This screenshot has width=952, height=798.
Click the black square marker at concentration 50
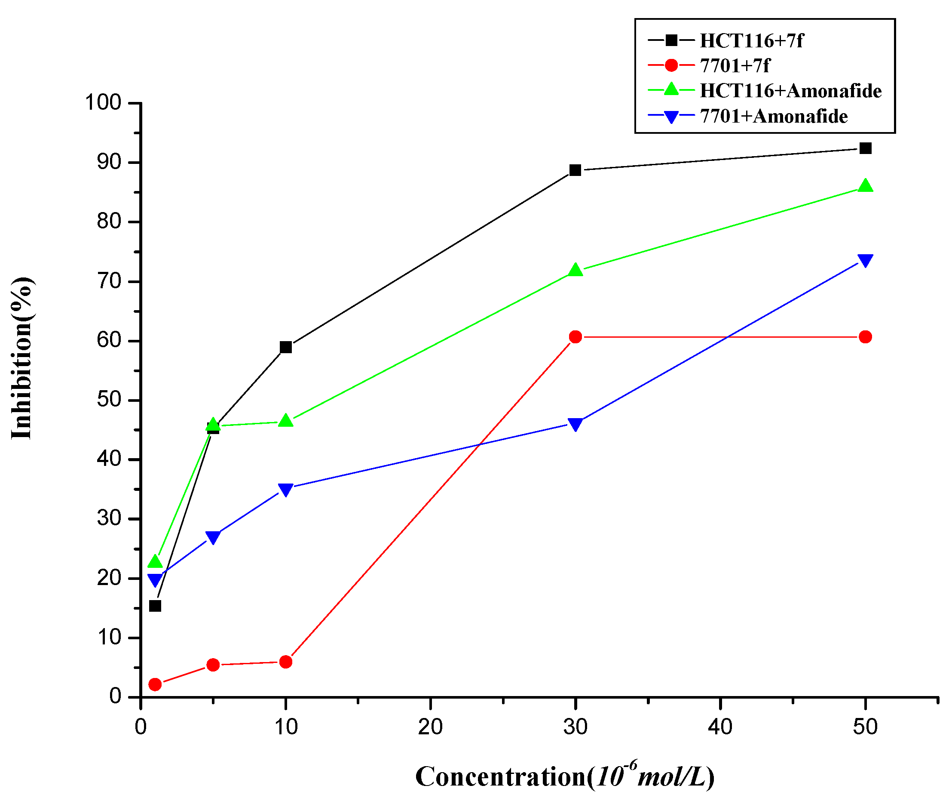pos(865,148)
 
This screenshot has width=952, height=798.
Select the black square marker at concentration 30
pos(575,170)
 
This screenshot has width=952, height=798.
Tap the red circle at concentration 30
pos(575,336)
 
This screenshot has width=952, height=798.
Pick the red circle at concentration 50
pos(865,336)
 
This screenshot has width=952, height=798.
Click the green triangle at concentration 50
pos(865,186)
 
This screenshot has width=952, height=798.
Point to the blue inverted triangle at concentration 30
pos(575,424)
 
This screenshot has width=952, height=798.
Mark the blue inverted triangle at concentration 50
pos(865,260)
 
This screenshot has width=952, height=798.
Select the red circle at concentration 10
pos(285,662)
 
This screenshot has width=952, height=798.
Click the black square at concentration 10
pos(285,347)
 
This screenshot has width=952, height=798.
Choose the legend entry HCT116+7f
pos(751,41)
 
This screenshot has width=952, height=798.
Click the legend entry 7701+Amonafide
pos(773,117)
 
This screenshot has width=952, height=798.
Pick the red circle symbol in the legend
pos(671,65)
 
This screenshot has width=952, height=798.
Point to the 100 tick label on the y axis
pos(103,102)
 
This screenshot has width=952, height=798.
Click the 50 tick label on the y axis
pos(109,400)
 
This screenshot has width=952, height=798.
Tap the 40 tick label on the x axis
pos(720,727)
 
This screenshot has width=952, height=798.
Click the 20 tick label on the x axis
pos(430,727)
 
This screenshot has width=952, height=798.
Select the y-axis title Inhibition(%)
pos(22,358)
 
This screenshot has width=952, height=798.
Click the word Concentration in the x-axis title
pos(500,776)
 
